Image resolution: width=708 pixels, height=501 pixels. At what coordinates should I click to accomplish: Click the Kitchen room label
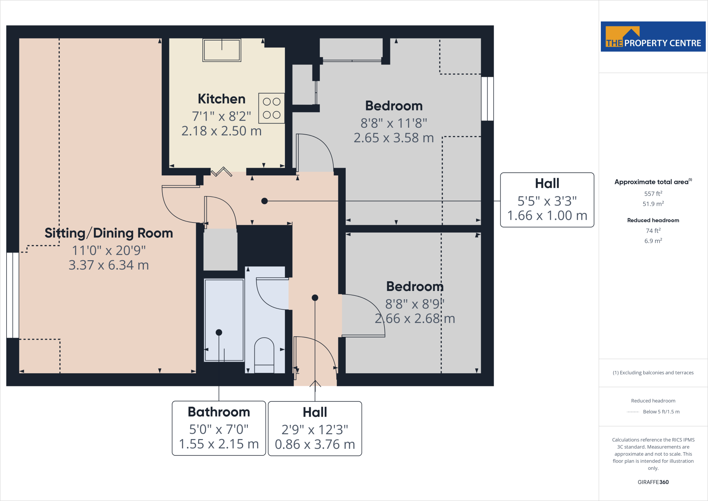coord(222,99)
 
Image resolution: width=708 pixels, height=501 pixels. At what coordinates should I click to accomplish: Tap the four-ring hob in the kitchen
coord(271,108)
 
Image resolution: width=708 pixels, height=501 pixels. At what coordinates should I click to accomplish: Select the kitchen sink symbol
coord(222,50)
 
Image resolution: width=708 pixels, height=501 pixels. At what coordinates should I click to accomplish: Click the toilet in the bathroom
coord(264,355)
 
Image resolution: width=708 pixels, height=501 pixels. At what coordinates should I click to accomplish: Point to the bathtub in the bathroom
coord(224,320)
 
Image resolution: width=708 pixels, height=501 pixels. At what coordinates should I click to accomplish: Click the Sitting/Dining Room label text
coord(109,233)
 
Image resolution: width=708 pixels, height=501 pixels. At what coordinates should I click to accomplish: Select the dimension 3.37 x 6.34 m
coord(109,265)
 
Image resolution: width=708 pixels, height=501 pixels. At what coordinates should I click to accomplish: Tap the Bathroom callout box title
coord(219,412)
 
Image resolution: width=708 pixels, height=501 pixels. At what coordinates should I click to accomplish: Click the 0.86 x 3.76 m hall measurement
coord(315,445)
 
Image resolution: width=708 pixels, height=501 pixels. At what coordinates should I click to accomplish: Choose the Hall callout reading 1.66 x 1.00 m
coord(547,216)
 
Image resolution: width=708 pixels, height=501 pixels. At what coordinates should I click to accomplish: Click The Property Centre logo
coord(653,37)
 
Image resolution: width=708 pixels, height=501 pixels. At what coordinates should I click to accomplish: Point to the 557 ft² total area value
coord(653,194)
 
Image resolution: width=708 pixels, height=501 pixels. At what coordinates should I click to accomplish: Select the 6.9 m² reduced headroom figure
coord(653,241)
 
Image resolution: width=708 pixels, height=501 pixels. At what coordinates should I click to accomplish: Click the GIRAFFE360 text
coord(653,482)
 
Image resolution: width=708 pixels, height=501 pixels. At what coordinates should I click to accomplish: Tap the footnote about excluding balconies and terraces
coord(653,373)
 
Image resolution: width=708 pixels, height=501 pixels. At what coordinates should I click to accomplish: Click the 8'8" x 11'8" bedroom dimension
coord(394,123)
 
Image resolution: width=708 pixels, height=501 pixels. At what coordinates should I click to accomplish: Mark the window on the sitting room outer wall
coord(13,295)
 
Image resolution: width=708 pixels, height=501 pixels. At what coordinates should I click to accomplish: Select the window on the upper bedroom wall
coord(487,99)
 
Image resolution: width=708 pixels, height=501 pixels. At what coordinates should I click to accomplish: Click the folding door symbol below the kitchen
coord(222,172)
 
